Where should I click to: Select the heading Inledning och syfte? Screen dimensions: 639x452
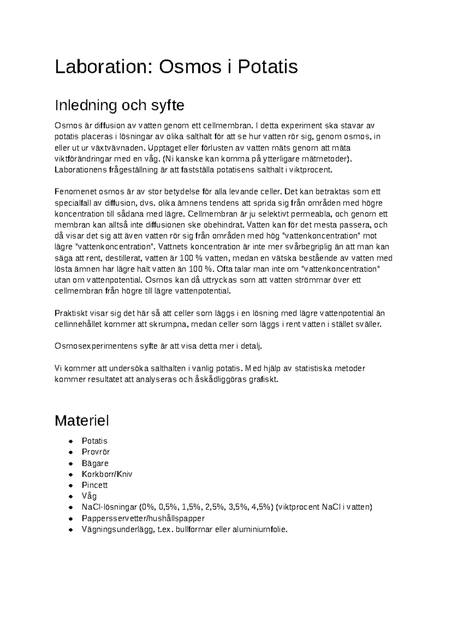pos(119,105)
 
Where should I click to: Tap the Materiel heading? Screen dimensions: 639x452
pos(82,421)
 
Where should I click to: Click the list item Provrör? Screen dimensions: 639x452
pos(96,452)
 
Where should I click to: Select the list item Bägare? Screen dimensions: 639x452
pos(95,463)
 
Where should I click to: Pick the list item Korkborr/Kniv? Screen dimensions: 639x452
pos(107,474)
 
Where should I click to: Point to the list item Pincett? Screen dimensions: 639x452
pos(95,485)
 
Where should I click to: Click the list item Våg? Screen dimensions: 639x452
pos(89,496)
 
